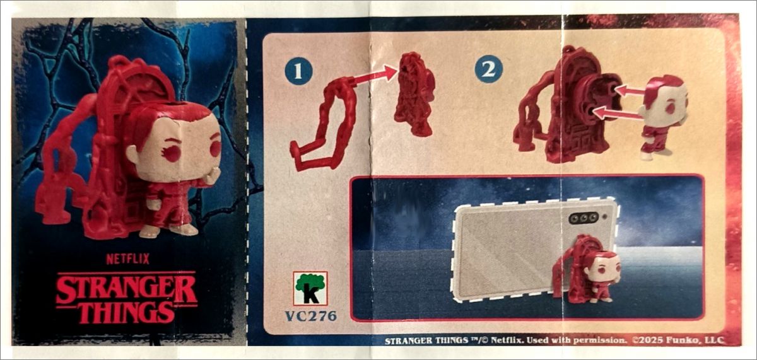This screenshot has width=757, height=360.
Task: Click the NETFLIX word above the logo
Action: coord(127,259)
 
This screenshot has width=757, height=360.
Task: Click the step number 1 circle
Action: coord(298,71)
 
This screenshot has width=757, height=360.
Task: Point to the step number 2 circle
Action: coord(488,69)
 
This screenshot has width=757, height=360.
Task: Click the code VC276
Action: coord(311,316)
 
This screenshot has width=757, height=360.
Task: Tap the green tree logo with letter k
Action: coord(310,288)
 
